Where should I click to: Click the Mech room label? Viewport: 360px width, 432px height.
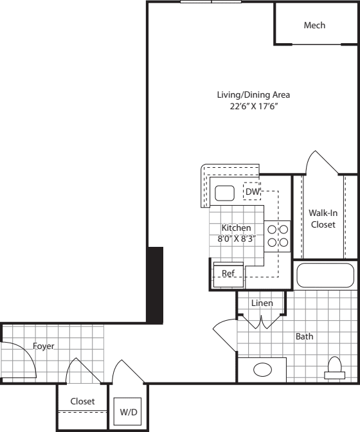[314, 26]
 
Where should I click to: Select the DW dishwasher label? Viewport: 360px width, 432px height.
[252, 192]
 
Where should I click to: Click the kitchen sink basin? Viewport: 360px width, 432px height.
[224, 194]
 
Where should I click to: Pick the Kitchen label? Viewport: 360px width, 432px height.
[236, 228]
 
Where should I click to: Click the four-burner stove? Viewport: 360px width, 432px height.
[277, 235]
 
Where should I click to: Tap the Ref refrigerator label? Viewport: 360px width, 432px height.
[228, 273]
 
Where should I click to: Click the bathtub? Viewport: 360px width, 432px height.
[327, 275]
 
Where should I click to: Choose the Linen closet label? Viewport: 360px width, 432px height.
[262, 303]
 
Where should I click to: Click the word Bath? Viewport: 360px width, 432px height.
[304, 336]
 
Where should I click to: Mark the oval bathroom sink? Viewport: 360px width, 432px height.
[262, 370]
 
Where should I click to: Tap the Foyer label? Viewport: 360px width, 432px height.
[44, 346]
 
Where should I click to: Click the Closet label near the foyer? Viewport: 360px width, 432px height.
[82, 401]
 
